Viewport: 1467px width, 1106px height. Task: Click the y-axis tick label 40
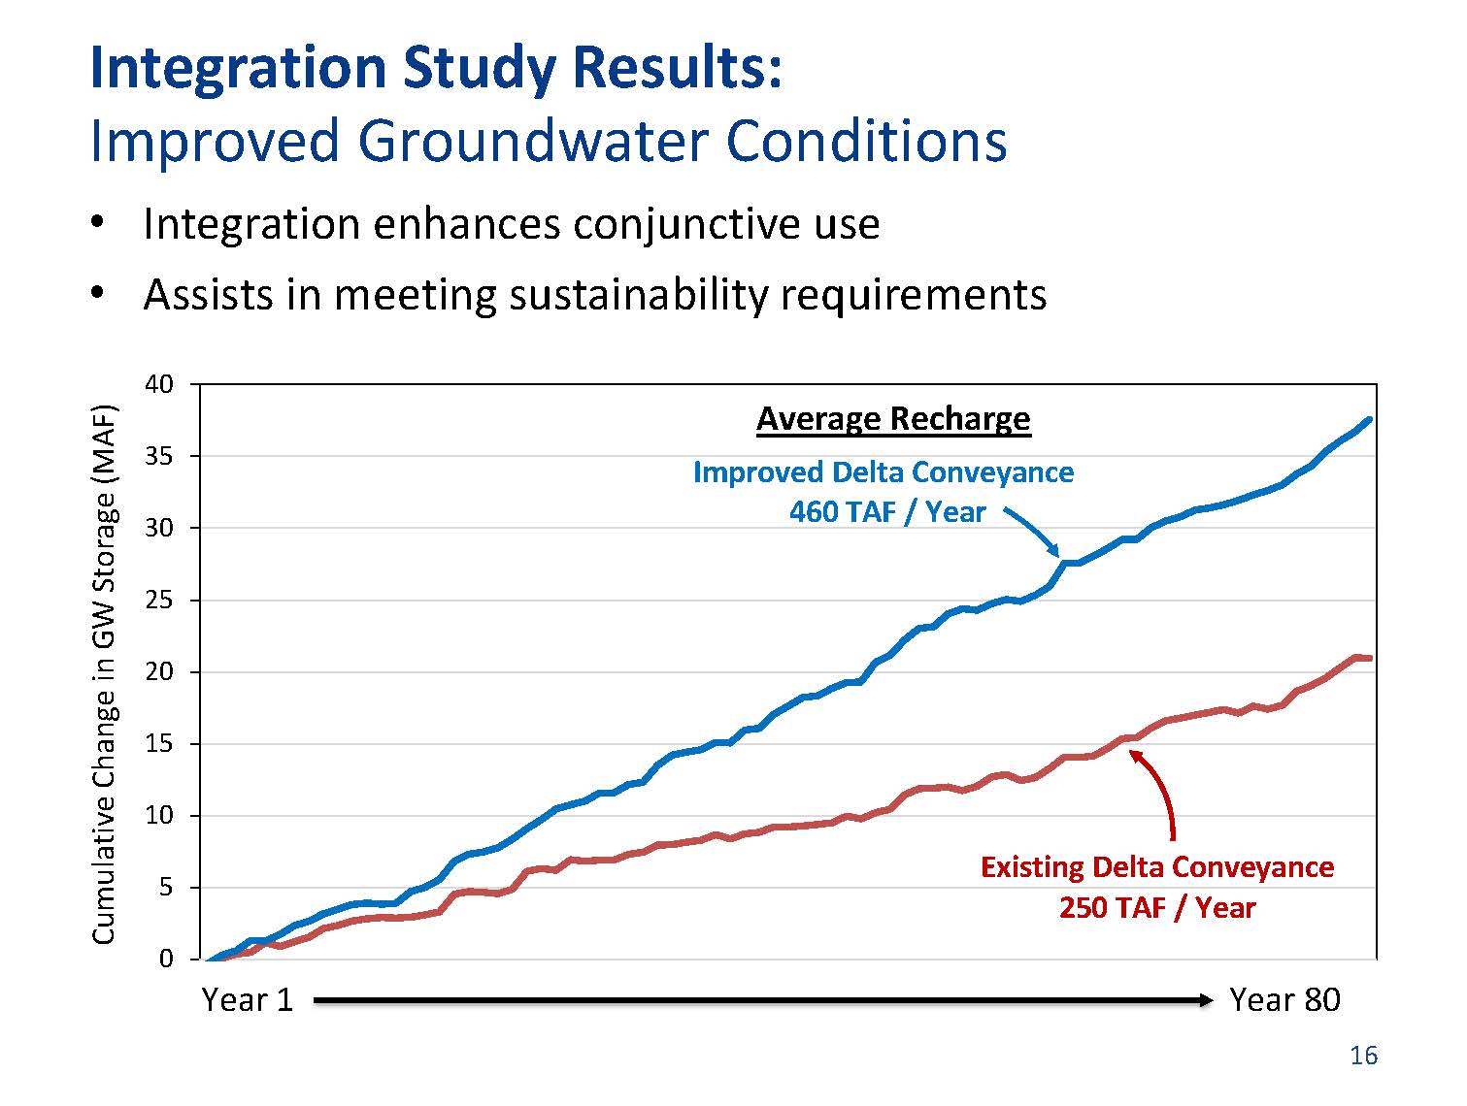pos(158,384)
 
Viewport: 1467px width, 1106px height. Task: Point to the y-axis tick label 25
pos(158,601)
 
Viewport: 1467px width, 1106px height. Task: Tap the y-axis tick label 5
pos(165,888)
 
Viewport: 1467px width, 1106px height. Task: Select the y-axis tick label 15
pos(158,744)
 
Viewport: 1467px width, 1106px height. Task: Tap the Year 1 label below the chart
pos(247,1000)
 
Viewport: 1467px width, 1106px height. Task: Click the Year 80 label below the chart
pos(1284,1000)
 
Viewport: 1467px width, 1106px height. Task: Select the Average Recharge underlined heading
pos(893,419)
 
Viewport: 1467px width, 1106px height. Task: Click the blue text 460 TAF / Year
pos(886,512)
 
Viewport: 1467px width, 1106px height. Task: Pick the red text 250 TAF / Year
pos(1157,908)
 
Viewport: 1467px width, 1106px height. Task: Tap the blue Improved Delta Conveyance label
pos(884,472)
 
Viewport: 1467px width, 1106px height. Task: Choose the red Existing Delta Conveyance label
pos(1157,866)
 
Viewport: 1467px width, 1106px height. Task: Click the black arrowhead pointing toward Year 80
pos(1206,1000)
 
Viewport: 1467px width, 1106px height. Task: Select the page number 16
pos(1363,1057)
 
